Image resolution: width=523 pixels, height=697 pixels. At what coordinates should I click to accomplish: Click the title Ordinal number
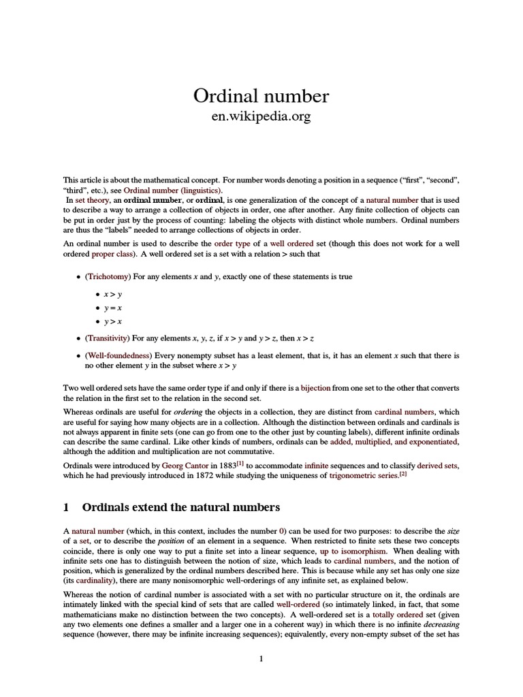(x=261, y=96)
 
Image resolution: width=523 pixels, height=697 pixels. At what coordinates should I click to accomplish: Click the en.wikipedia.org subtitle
(x=261, y=117)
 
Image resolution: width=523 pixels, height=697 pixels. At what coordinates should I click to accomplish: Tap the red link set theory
(x=89, y=201)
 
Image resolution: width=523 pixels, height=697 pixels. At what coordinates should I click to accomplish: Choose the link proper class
(x=110, y=254)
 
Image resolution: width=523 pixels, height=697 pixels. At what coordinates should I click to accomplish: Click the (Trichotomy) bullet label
(x=107, y=278)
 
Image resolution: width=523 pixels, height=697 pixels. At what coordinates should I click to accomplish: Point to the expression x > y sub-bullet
(x=112, y=294)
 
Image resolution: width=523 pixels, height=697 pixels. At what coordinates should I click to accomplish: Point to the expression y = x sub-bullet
(x=112, y=308)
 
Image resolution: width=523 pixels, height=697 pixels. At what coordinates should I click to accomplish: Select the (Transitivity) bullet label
(x=108, y=338)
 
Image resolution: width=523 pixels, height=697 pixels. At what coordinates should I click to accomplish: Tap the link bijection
(x=315, y=388)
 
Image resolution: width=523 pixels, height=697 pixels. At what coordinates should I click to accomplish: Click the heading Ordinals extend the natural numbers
(x=180, y=507)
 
